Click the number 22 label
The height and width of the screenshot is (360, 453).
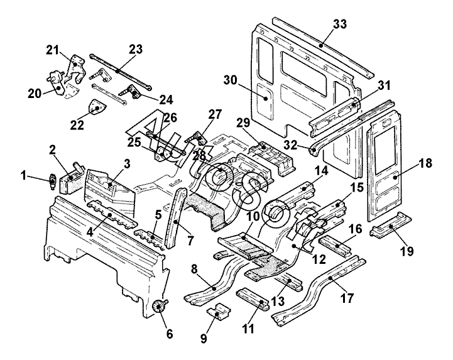point(77,124)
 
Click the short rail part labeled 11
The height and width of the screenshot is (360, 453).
point(253,298)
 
